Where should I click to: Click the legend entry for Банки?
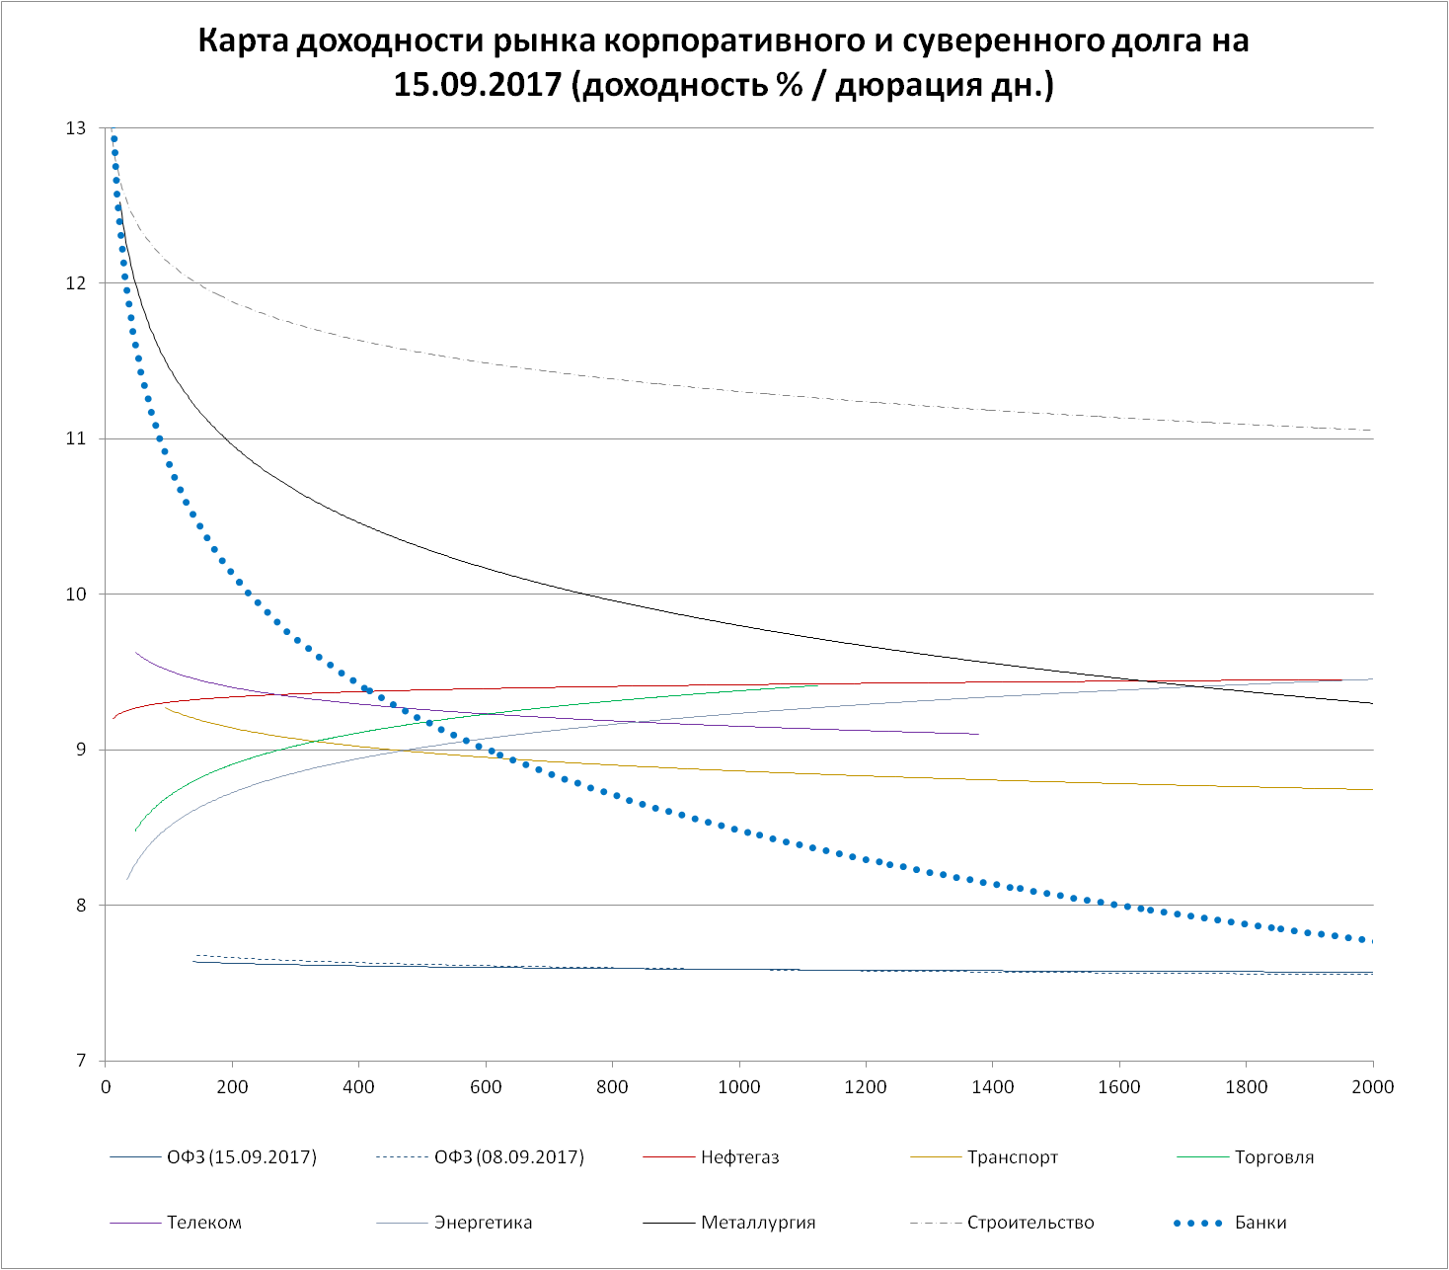point(1260,1223)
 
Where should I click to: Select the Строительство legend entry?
point(1030,1223)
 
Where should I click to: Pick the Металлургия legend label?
point(758,1223)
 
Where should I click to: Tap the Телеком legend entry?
point(204,1223)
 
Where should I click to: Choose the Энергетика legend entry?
point(483,1223)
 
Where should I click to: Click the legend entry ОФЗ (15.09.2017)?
point(242,1157)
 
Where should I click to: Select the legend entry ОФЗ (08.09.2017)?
point(509,1157)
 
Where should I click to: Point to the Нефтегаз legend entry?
point(740,1157)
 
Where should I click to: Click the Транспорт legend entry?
point(1013,1157)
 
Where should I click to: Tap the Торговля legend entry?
point(1274,1157)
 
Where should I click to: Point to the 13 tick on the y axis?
point(75,128)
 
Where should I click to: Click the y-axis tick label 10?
point(75,595)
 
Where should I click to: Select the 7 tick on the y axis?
point(80,1061)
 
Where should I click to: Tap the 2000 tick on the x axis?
point(1372,1087)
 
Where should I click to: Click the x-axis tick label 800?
point(612,1087)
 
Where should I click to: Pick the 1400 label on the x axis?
point(992,1087)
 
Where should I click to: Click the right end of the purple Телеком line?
point(978,734)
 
